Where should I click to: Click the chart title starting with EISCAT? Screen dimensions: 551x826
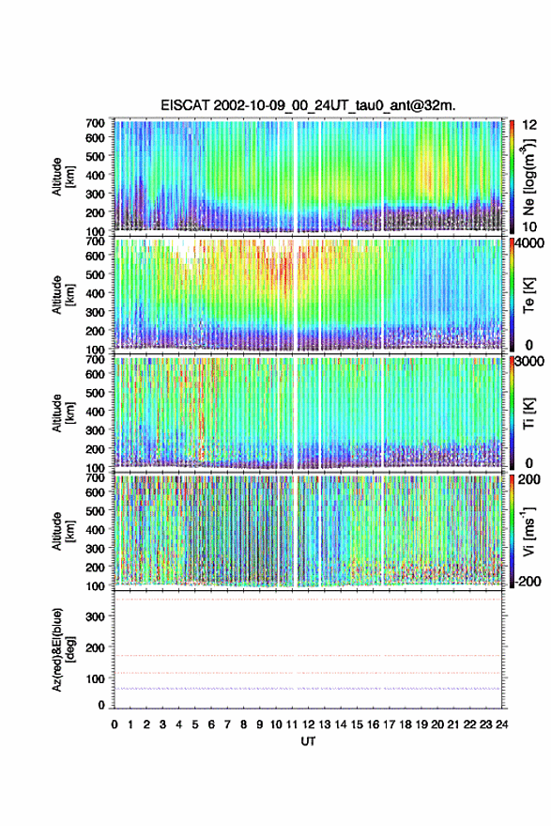pos(308,105)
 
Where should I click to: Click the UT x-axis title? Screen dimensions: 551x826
pos(308,741)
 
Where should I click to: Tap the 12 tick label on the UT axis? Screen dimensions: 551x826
pos(309,725)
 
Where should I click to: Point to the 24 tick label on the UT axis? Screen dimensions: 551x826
pos(501,725)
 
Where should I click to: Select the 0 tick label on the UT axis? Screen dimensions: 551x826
pos(115,725)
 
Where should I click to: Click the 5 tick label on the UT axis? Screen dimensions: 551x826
pos(195,725)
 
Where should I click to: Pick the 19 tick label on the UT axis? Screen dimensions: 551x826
pos(421,725)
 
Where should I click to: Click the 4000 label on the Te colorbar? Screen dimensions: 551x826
pos(529,244)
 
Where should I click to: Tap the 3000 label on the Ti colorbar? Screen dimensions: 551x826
pos(529,362)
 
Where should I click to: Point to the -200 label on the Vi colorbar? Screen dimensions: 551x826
pos(527,582)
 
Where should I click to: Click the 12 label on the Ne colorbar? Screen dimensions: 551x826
pos(530,125)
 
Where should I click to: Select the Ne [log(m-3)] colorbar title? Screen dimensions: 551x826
pos(528,177)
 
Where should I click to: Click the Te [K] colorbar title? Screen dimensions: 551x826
pos(528,296)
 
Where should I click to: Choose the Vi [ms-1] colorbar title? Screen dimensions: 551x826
pos(528,531)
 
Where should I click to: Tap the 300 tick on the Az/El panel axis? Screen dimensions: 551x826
pos(96,616)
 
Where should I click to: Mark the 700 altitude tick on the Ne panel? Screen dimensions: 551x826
pos(95,123)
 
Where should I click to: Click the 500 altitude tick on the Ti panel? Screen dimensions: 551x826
pos(95,393)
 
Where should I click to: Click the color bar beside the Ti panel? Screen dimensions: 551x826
pos(513,413)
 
